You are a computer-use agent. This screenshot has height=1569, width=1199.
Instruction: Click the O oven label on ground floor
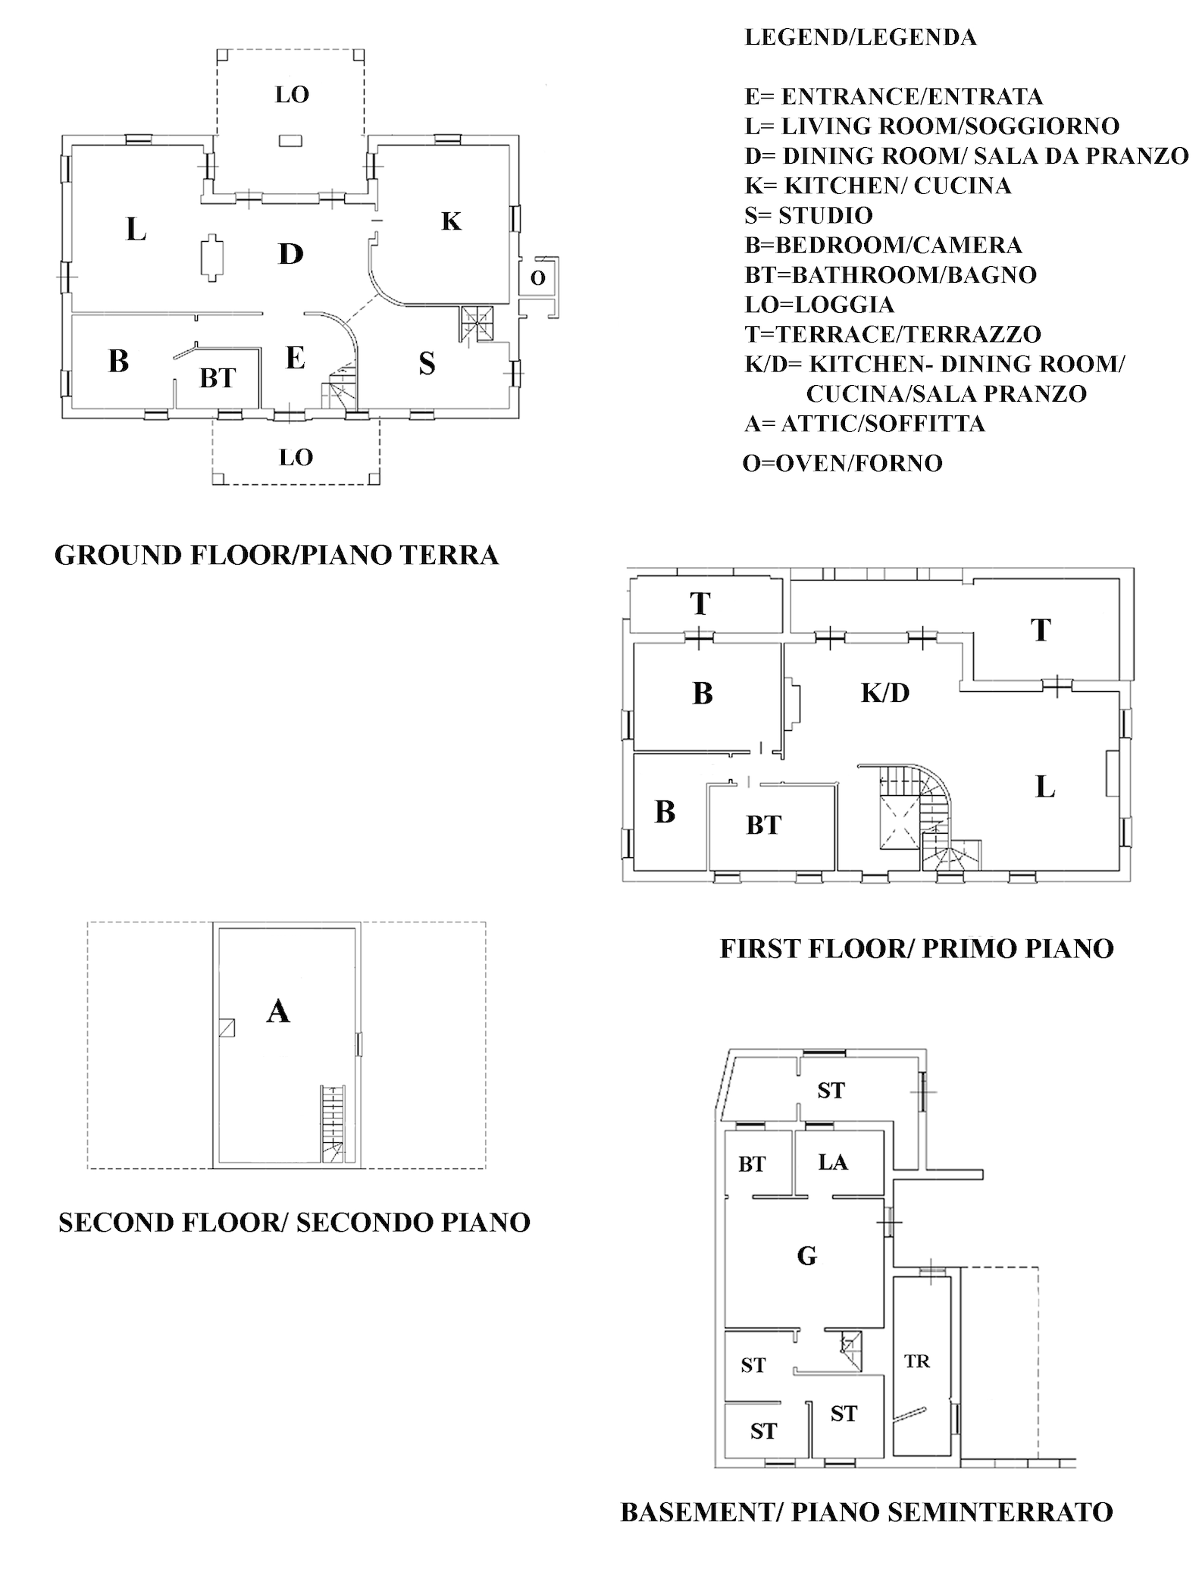(537, 278)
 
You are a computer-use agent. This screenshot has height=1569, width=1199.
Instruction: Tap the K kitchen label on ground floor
(451, 221)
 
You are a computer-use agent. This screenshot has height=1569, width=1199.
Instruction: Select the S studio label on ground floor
(427, 364)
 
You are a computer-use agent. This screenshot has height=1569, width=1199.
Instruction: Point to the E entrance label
(295, 357)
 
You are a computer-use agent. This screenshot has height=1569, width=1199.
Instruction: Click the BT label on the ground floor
(218, 378)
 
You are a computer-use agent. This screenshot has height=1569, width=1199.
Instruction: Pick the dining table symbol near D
(212, 258)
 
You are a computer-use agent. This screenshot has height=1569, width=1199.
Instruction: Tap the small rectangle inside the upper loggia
(290, 140)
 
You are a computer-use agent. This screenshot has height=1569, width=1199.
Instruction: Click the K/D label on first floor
(885, 692)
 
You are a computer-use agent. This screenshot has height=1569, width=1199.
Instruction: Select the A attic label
(278, 1011)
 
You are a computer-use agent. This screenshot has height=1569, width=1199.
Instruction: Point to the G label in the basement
(807, 1256)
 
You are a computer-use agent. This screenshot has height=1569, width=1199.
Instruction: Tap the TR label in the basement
(917, 1361)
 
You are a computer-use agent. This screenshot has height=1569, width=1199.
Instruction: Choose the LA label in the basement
(833, 1162)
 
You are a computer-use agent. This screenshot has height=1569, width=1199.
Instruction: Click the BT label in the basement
(752, 1164)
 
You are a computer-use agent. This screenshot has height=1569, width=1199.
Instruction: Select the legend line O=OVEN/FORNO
(843, 463)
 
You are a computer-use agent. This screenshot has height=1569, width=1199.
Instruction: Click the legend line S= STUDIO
(809, 215)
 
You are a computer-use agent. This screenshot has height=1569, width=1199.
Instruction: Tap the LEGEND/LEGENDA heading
(861, 37)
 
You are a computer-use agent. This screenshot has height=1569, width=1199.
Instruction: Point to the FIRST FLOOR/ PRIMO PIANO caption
(916, 948)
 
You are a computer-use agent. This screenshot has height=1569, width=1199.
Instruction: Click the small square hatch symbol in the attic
(226, 1027)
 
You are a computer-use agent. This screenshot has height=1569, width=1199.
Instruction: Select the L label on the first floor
(1045, 788)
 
